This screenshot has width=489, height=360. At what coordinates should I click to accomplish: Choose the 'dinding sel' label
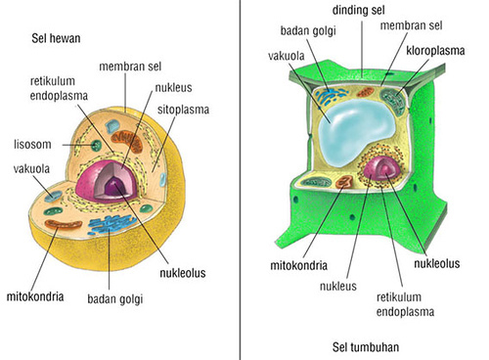pos(360,10)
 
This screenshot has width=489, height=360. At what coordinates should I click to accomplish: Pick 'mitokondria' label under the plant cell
pos(297,265)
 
